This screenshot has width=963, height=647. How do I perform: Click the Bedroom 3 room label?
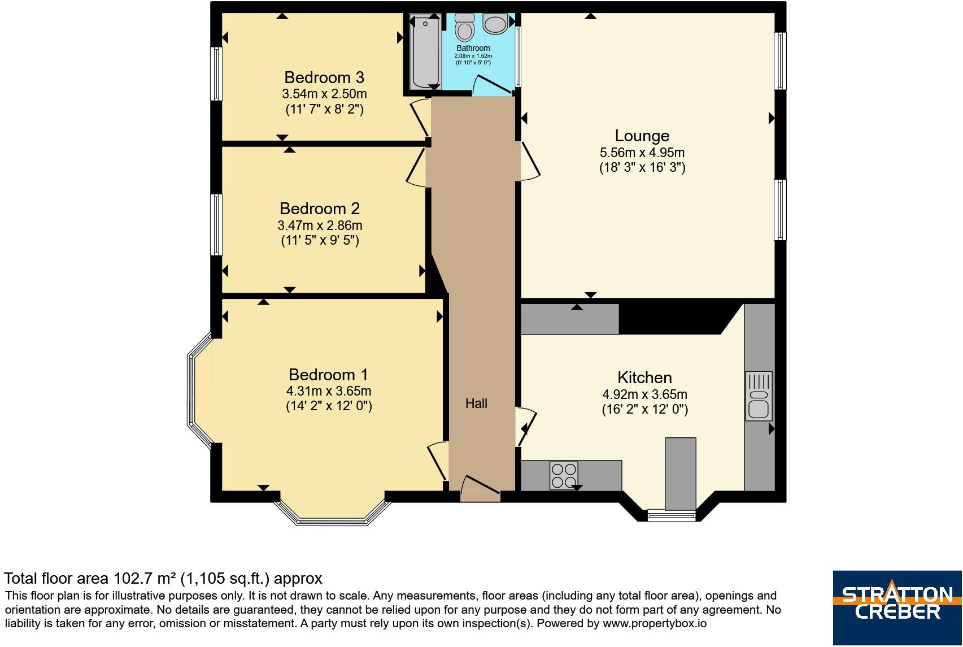(x=324, y=78)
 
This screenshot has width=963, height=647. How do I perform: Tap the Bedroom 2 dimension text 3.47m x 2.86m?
(x=320, y=225)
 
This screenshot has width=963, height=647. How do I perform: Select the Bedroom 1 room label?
(x=329, y=375)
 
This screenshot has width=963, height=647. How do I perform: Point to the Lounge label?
(x=642, y=136)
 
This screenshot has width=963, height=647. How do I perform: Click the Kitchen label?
(x=644, y=377)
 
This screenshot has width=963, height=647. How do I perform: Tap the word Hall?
(x=476, y=403)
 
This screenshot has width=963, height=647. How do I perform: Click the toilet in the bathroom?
(x=465, y=27)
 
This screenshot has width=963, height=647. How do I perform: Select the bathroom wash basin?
(x=495, y=24)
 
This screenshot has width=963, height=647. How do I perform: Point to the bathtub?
(x=425, y=51)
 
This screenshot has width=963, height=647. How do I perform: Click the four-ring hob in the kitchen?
(x=564, y=475)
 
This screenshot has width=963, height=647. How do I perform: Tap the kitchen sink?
(x=759, y=396)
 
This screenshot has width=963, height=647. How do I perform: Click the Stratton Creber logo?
(x=897, y=607)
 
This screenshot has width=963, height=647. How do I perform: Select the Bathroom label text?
(x=473, y=48)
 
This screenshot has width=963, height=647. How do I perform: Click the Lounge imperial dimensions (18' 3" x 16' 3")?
(x=642, y=167)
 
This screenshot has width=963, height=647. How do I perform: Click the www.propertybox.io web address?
(x=654, y=623)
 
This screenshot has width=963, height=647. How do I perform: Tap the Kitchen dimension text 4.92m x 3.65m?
(x=644, y=394)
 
